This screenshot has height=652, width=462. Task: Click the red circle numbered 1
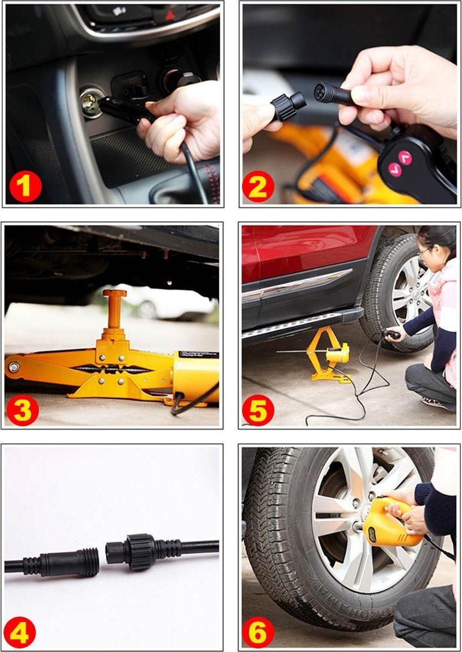(25, 186)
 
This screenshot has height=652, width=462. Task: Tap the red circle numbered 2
(258, 186)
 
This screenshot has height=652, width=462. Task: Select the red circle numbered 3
(23, 410)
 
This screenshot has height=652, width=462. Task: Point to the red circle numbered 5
(258, 410)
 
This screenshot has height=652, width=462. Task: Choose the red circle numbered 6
(258, 632)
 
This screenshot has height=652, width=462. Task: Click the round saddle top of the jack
(115, 293)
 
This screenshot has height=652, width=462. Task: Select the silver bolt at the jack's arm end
(14, 367)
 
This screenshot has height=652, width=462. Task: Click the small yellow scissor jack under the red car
(328, 354)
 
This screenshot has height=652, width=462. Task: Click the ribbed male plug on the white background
(62, 562)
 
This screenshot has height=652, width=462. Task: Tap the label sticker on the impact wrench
(372, 535)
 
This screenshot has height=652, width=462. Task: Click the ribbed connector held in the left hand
(289, 107)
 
